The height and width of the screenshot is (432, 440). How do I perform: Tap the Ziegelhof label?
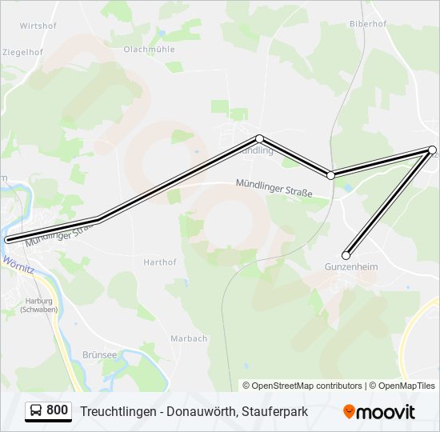[22, 52]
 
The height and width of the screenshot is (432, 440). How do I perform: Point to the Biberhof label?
[367, 24]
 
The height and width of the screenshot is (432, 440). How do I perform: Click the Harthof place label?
[159, 262]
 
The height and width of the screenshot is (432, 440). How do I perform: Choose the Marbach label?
[189, 338]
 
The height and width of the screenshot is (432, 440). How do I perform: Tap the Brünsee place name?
[99, 354]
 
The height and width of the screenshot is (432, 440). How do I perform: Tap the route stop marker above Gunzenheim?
[346, 256]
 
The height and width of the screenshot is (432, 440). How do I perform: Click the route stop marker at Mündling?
[259, 138]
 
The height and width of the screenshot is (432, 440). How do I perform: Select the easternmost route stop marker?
[432, 150]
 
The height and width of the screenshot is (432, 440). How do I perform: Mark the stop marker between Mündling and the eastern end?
[330, 175]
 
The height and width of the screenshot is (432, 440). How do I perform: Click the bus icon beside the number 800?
[35, 410]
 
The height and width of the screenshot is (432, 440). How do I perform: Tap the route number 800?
[57, 410]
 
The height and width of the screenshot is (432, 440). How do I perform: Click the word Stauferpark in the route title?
[275, 411]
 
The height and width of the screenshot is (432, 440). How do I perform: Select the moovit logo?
[379, 411]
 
